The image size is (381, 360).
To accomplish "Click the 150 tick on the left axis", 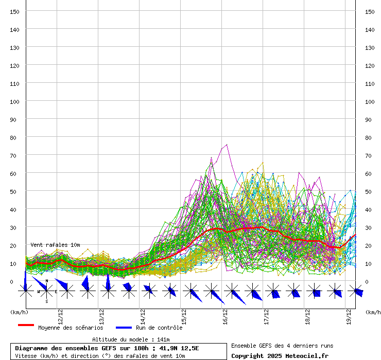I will tap(15, 11).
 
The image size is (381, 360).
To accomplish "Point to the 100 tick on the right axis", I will tap(370, 101).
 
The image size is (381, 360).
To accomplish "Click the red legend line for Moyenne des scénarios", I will tap(26, 326).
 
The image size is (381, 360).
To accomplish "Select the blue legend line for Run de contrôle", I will tap(124, 328).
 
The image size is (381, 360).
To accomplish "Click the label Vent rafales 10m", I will tap(55, 245).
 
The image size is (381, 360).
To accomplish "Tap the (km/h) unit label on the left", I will tap(19, 312).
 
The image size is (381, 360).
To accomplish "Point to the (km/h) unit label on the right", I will tap(373, 312).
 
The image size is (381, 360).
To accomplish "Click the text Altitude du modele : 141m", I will tap(131, 339).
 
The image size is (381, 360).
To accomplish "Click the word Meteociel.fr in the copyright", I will tap(307, 355).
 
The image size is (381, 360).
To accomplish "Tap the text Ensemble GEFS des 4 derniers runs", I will tap(282, 346).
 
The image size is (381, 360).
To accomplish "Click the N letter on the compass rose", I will tap(46, 281).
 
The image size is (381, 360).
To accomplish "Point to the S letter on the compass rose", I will tap(46, 301).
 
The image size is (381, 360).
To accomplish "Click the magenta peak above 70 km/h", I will tap(227, 145).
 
